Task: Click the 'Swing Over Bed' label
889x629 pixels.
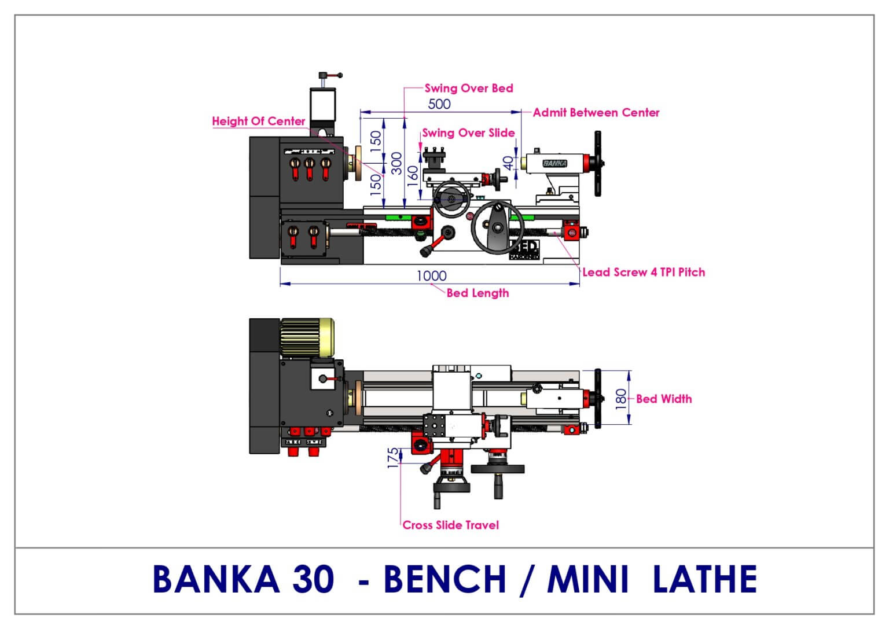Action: tap(469, 88)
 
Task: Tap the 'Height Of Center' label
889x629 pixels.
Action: tap(258, 121)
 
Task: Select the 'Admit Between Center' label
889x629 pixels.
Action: tap(596, 113)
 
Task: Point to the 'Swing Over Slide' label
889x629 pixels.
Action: tap(468, 133)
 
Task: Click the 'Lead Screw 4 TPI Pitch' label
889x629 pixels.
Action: tap(644, 272)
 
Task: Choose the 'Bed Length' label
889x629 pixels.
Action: tap(477, 293)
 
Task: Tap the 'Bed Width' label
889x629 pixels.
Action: tap(664, 399)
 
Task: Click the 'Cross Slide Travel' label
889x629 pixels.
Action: tap(450, 525)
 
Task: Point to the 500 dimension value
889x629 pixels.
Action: tap(439, 104)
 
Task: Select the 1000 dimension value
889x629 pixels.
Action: tap(431, 276)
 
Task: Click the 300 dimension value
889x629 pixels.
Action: tap(396, 163)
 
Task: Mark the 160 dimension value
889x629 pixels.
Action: tap(413, 176)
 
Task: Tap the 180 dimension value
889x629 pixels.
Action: tap(620, 399)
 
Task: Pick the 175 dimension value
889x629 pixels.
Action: tap(392, 458)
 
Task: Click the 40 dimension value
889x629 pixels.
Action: tap(508, 163)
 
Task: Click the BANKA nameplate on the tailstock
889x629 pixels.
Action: tap(555, 163)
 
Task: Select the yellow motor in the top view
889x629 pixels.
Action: tap(307, 338)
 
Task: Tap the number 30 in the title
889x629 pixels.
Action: tap(313, 579)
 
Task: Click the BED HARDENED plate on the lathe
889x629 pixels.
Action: tap(524, 250)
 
